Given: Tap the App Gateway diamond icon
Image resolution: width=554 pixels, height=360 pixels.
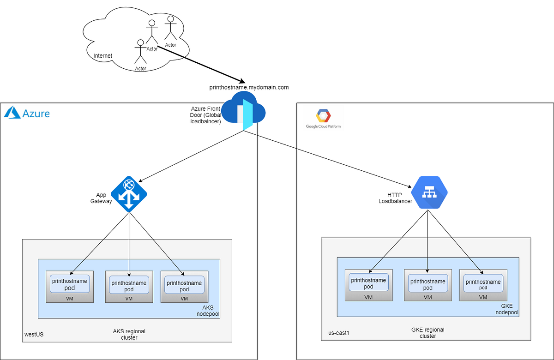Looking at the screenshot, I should point(129,194).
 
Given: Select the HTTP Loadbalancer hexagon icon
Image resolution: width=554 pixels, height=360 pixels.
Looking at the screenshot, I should point(430,192).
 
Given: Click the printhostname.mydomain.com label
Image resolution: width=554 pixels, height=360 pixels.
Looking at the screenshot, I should point(249,87).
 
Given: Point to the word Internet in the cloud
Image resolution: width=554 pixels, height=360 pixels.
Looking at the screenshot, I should point(102,56).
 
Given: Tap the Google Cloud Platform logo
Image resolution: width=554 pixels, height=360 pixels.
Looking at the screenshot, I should point(323,120).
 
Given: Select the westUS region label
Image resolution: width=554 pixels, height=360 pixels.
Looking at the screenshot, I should point(34,334).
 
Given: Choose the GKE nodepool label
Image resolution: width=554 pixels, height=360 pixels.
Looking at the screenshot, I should point(507,309).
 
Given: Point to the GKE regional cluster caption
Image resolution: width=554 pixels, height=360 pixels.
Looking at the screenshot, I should point(428,333).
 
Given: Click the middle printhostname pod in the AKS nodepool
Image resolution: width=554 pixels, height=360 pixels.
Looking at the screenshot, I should point(129,286).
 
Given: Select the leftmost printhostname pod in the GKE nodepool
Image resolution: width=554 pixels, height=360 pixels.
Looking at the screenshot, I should point(368,283).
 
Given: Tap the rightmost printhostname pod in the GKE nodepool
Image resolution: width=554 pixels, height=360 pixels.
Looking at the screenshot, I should point(483,284).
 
